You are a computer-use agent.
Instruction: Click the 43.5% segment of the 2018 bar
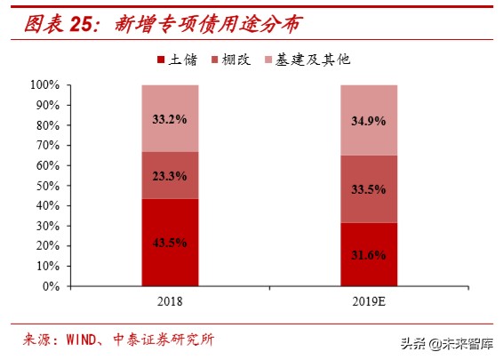(170, 243)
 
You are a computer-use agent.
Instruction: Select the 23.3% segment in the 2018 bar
(170, 175)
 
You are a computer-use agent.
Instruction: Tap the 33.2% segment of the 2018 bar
(170, 118)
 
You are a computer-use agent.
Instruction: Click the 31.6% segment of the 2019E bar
(369, 254)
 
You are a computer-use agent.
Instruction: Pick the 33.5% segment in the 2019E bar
(369, 189)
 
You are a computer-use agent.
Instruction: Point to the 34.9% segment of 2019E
(369, 120)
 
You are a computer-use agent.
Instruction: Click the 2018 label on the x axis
(170, 301)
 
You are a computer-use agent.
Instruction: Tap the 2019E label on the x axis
(369, 301)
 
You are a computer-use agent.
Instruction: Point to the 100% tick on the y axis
(44, 85)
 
